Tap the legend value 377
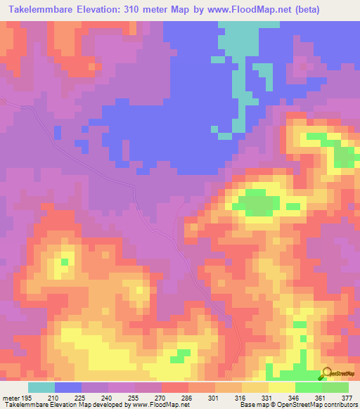347,397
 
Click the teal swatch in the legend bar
41,387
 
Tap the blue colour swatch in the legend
68,387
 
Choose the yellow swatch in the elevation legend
281,387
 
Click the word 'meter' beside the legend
10,397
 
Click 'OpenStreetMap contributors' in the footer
321,405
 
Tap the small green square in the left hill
65,261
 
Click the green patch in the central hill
256,203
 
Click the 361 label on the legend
321,397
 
